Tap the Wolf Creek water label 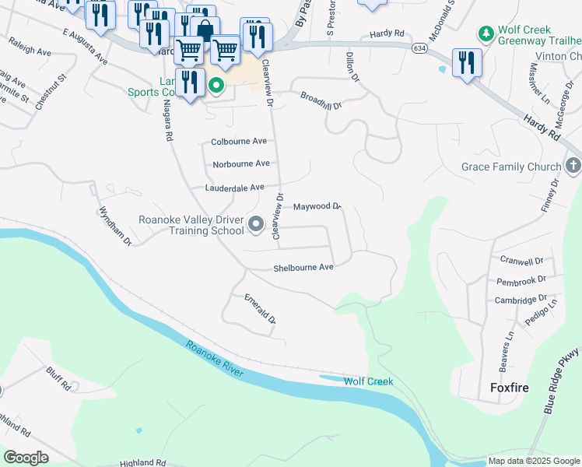point(368,381)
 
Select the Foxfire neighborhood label point(510,387)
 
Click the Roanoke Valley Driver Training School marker point(257,226)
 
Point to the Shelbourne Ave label point(303,267)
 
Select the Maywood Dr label point(317,206)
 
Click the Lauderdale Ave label point(235,188)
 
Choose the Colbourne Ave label point(239,142)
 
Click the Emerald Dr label point(261,307)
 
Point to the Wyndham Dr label point(115,226)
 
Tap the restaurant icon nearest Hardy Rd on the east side point(466,62)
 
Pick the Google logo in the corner point(26,458)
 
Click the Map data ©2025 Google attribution point(534,461)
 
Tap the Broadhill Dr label point(321,100)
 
